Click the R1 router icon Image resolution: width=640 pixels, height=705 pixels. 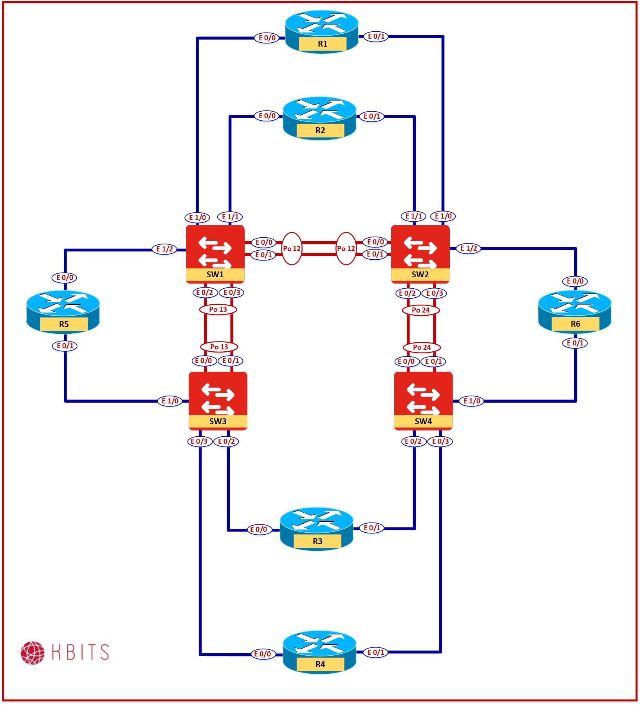322,31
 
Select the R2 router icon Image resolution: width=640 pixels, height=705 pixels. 320,118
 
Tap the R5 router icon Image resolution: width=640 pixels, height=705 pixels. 63,312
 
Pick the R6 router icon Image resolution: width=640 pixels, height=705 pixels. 575,311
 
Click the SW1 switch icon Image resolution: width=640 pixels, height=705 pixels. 215,253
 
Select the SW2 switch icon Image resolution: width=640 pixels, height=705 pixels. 420,253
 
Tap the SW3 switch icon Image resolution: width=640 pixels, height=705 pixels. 218,400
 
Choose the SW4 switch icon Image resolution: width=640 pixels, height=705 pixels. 423,400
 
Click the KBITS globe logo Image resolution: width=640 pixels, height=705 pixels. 33,653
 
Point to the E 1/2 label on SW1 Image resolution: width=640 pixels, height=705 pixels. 164,249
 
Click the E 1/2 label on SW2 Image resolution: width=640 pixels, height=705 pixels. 469,248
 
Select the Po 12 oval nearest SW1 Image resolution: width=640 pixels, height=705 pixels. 292,248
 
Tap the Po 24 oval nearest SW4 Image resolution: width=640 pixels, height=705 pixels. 422,347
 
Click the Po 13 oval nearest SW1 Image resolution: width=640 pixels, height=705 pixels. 218,309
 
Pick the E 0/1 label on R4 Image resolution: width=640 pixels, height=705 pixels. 376,652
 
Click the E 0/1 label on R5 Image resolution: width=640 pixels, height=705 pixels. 65,346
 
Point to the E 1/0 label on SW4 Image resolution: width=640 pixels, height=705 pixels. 472,401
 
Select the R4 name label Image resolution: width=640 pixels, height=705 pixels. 320,664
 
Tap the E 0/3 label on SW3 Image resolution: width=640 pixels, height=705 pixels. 199,441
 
